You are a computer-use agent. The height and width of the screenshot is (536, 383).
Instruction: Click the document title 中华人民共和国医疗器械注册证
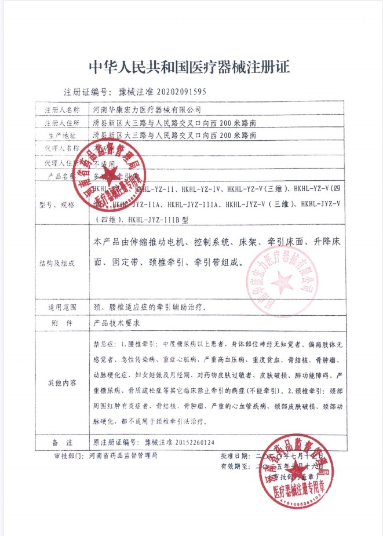189,67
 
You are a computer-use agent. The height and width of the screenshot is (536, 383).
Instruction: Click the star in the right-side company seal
283,282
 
